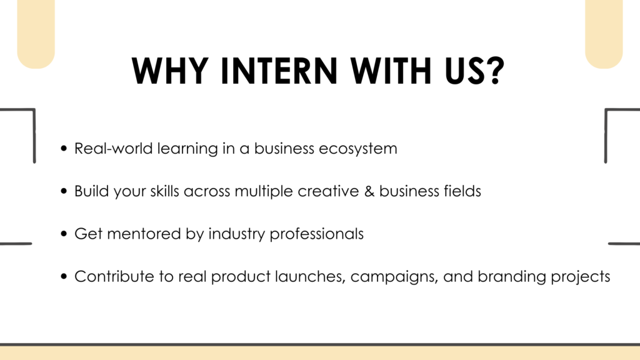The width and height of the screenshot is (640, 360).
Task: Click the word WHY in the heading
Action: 170,71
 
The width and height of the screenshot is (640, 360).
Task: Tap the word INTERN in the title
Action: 279,71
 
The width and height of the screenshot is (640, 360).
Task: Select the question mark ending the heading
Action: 496,71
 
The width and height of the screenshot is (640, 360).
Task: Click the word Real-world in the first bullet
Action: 114,148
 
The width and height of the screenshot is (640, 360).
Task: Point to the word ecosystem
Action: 357,149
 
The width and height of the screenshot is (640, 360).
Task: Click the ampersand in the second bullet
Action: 369,191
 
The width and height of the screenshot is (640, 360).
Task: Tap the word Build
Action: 91,191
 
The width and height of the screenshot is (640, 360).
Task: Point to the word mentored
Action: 144,234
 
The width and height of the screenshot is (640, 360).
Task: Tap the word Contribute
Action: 114,276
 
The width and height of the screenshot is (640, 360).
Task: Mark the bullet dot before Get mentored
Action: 64,234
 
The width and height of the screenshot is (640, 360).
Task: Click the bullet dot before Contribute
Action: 64,276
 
